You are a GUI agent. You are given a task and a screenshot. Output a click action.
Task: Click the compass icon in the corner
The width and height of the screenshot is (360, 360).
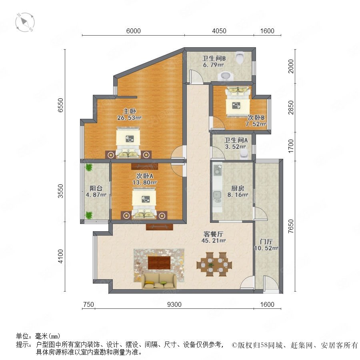tap(25, 22)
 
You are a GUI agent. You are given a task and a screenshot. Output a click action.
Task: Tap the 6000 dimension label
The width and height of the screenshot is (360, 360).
tap(133, 31)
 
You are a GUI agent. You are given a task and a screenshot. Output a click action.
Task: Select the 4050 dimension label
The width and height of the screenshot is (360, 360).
tap(219, 31)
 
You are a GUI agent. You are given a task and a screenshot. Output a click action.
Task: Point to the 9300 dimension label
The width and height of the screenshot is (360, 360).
tap(174, 304)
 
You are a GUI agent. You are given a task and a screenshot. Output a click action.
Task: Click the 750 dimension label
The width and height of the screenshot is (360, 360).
tap(88, 304)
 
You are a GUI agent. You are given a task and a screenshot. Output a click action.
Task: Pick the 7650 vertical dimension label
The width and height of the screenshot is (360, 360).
tap(291, 226)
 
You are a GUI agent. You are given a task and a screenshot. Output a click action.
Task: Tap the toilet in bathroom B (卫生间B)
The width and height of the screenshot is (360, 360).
tap(240, 57)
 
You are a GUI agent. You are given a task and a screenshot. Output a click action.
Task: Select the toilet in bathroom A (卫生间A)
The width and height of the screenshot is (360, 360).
tap(244, 154)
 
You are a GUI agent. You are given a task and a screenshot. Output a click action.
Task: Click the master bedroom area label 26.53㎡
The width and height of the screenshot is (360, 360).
tap(129, 118)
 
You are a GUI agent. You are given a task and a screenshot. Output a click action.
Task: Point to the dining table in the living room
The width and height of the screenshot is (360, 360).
tap(214, 264)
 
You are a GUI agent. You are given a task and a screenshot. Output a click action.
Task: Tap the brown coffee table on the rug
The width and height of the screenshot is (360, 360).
tap(159, 263)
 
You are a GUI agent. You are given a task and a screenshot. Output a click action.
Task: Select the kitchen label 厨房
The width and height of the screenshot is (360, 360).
tap(238, 188)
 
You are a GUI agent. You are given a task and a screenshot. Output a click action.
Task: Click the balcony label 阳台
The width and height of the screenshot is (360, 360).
tap(96, 188)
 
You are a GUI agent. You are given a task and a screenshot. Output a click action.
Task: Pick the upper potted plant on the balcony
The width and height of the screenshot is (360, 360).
tap(88, 167)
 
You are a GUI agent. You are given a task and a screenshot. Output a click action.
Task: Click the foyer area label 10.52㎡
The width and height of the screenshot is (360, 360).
tap(266, 248)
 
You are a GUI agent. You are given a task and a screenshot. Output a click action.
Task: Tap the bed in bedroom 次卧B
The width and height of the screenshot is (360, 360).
tap(237, 102)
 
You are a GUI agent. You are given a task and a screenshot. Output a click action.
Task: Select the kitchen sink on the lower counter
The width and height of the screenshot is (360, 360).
tap(217, 195)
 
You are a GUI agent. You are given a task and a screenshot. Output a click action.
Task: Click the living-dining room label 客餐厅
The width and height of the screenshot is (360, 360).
tap(213, 234)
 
